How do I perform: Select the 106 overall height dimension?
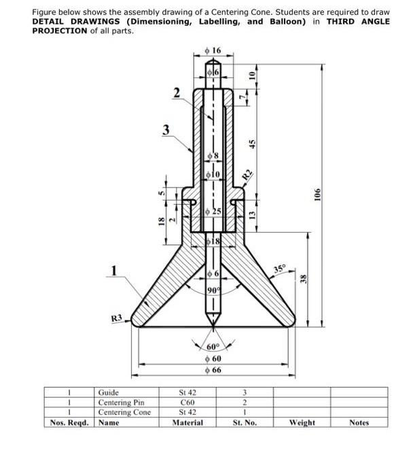(x=317, y=194)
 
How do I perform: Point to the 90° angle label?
(x=213, y=290)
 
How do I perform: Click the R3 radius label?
(x=117, y=318)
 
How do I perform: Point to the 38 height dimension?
(x=305, y=279)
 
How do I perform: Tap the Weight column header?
(x=302, y=422)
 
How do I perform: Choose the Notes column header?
(x=359, y=422)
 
